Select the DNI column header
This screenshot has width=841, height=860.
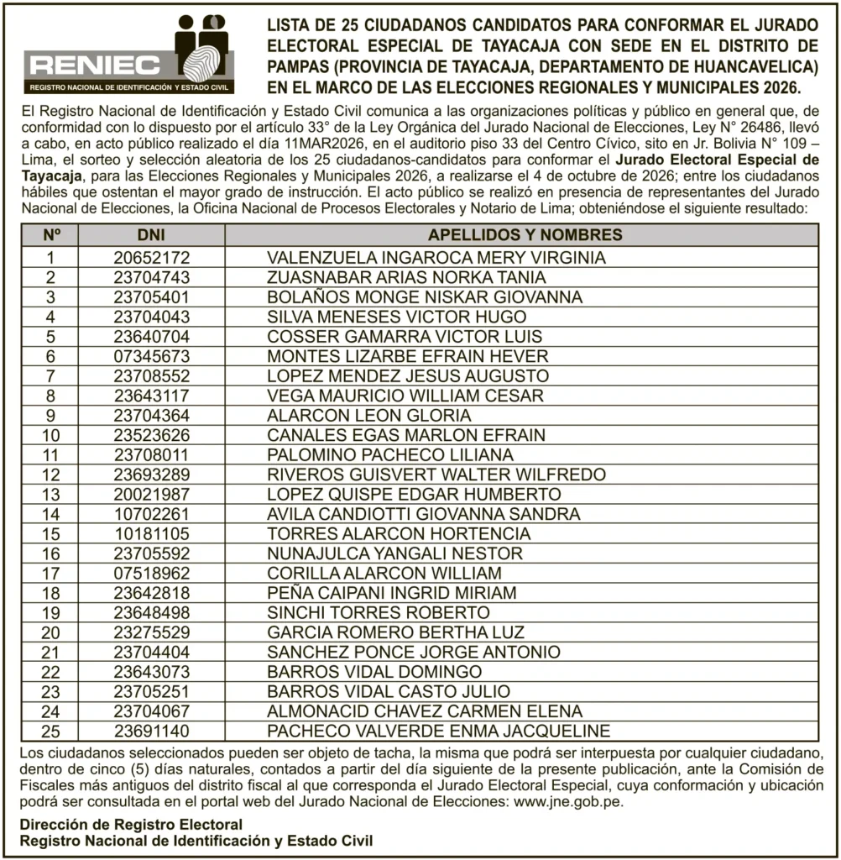[152, 235]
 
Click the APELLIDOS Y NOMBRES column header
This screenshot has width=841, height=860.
[525, 235]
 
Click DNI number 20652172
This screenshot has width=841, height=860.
[152, 258]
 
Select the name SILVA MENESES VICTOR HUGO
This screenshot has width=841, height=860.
[396, 317]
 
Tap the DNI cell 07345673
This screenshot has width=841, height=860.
[152, 356]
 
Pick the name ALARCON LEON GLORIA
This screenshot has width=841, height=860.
[368, 416]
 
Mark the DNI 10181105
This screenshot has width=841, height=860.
[152, 533]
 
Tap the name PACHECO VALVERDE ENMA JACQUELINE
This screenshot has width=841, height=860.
[438, 731]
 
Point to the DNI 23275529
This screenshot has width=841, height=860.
[152, 632]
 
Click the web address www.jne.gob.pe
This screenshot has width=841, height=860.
[563, 802]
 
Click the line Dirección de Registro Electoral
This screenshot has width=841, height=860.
[132, 825]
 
